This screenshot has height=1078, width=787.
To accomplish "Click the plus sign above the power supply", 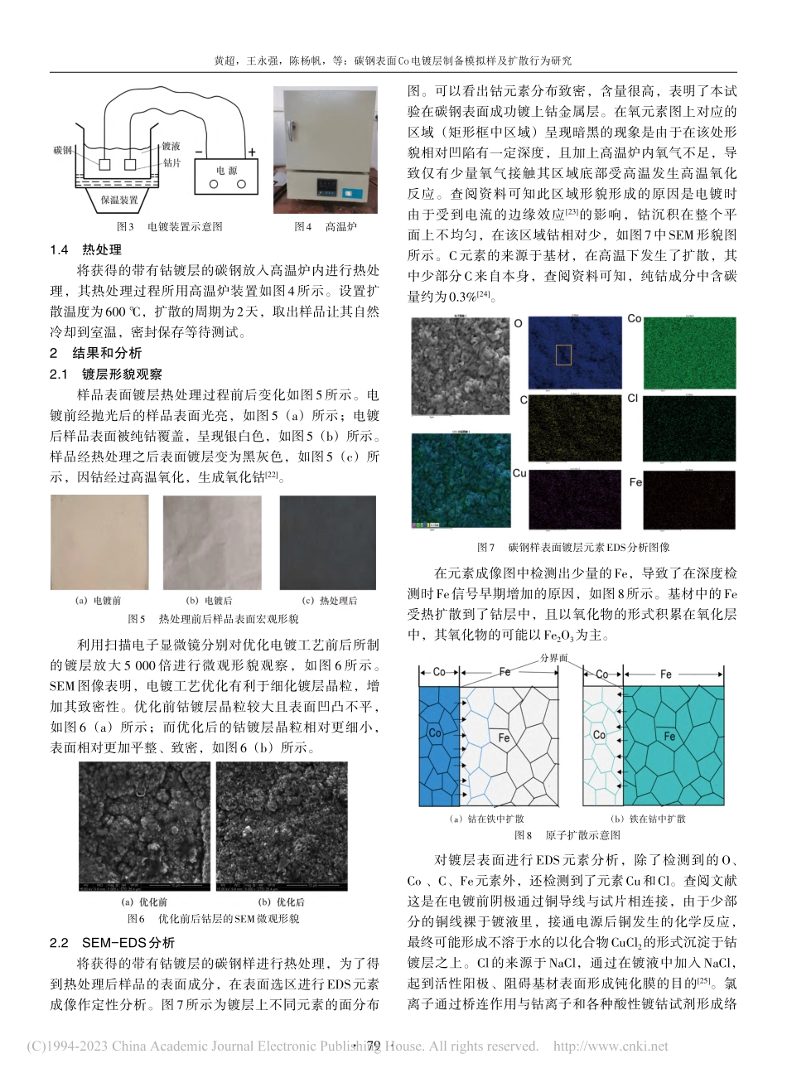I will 251,152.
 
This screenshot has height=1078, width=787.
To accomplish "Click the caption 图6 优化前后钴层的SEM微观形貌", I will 213,919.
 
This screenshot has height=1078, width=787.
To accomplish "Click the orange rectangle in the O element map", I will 563,355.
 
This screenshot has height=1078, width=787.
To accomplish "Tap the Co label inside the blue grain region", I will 436,733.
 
